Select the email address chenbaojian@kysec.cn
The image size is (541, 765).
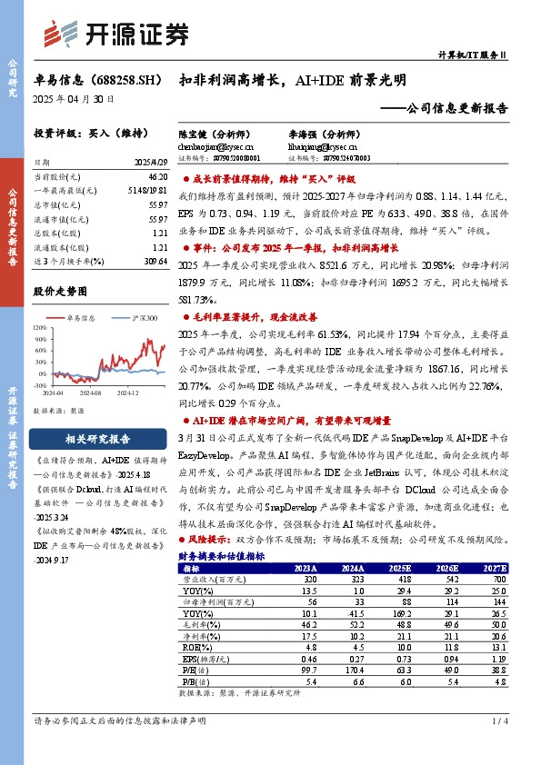pos(215,145)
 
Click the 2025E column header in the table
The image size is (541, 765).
pos(399,568)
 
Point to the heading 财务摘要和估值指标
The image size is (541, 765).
pos(222,556)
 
